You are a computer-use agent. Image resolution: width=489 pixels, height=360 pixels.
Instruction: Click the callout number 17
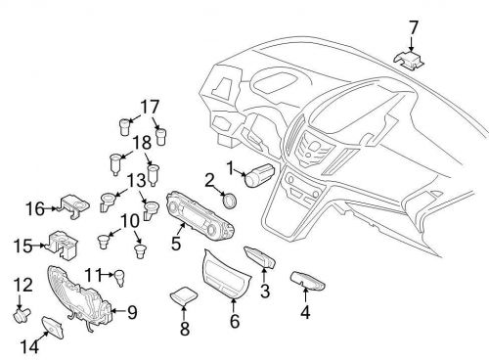tap(149, 106)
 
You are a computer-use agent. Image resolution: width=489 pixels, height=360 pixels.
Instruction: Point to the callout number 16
tap(35, 207)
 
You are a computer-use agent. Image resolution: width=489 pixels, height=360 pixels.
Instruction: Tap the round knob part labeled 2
tap(230, 201)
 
